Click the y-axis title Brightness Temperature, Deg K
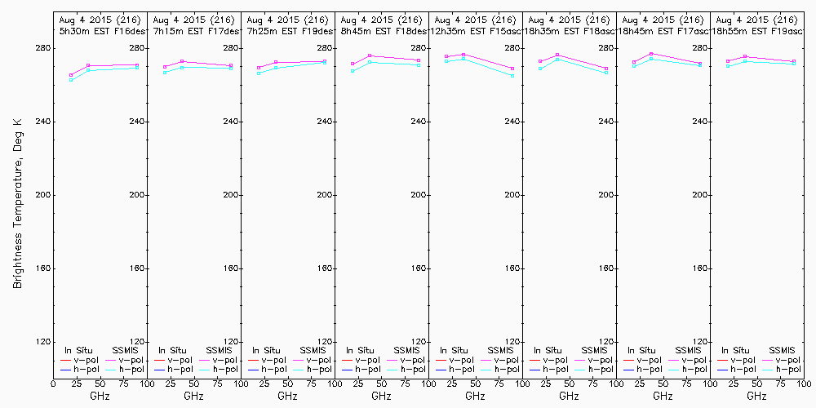17,195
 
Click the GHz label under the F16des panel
100,396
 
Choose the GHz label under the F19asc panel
756,396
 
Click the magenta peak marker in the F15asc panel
463,55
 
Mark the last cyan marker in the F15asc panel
512,76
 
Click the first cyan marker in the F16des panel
72,80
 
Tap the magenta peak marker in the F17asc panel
651,54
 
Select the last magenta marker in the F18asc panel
606,69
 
